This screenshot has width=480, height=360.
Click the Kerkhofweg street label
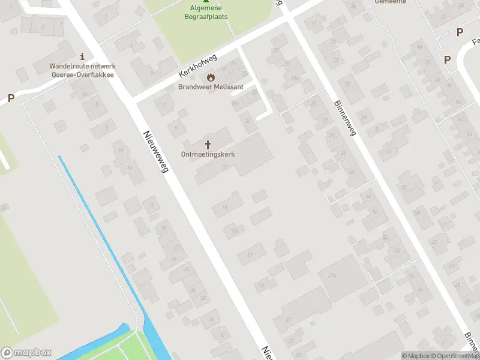[197, 66]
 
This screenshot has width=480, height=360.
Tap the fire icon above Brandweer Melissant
[210, 77]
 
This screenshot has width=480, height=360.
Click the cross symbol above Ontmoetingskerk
[208, 145]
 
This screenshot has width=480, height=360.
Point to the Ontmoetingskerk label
[208, 154]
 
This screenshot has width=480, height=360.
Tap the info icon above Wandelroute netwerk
[82, 56]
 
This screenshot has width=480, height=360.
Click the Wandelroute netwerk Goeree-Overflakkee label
[82, 70]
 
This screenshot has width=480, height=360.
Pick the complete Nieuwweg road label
[155, 152]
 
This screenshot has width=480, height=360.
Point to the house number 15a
[235, 229]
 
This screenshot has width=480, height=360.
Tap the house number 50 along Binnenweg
[376, 211]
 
